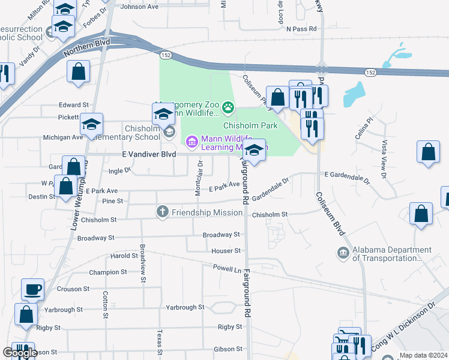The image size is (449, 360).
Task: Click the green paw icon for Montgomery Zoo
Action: pyautogui.click(x=228, y=108)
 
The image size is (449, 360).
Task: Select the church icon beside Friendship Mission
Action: pyautogui.click(x=162, y=211)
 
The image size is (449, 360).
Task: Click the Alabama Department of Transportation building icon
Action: pyautogui.click(x=343, y=253)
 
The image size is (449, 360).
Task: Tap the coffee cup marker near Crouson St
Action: pyautogui.click(x=33, y=290)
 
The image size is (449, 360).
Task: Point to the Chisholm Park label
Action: pyautogui.click(x=250, y=125)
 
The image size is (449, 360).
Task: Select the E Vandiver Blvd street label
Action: pyautogui.click(x=149, y=154)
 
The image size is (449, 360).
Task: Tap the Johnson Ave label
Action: pyautogui.click(x=139, y=7)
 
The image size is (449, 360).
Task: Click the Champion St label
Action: pyautogui.click(x=108, y=272)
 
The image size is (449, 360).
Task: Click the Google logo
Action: pyautogui.click(x=20, y=353)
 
